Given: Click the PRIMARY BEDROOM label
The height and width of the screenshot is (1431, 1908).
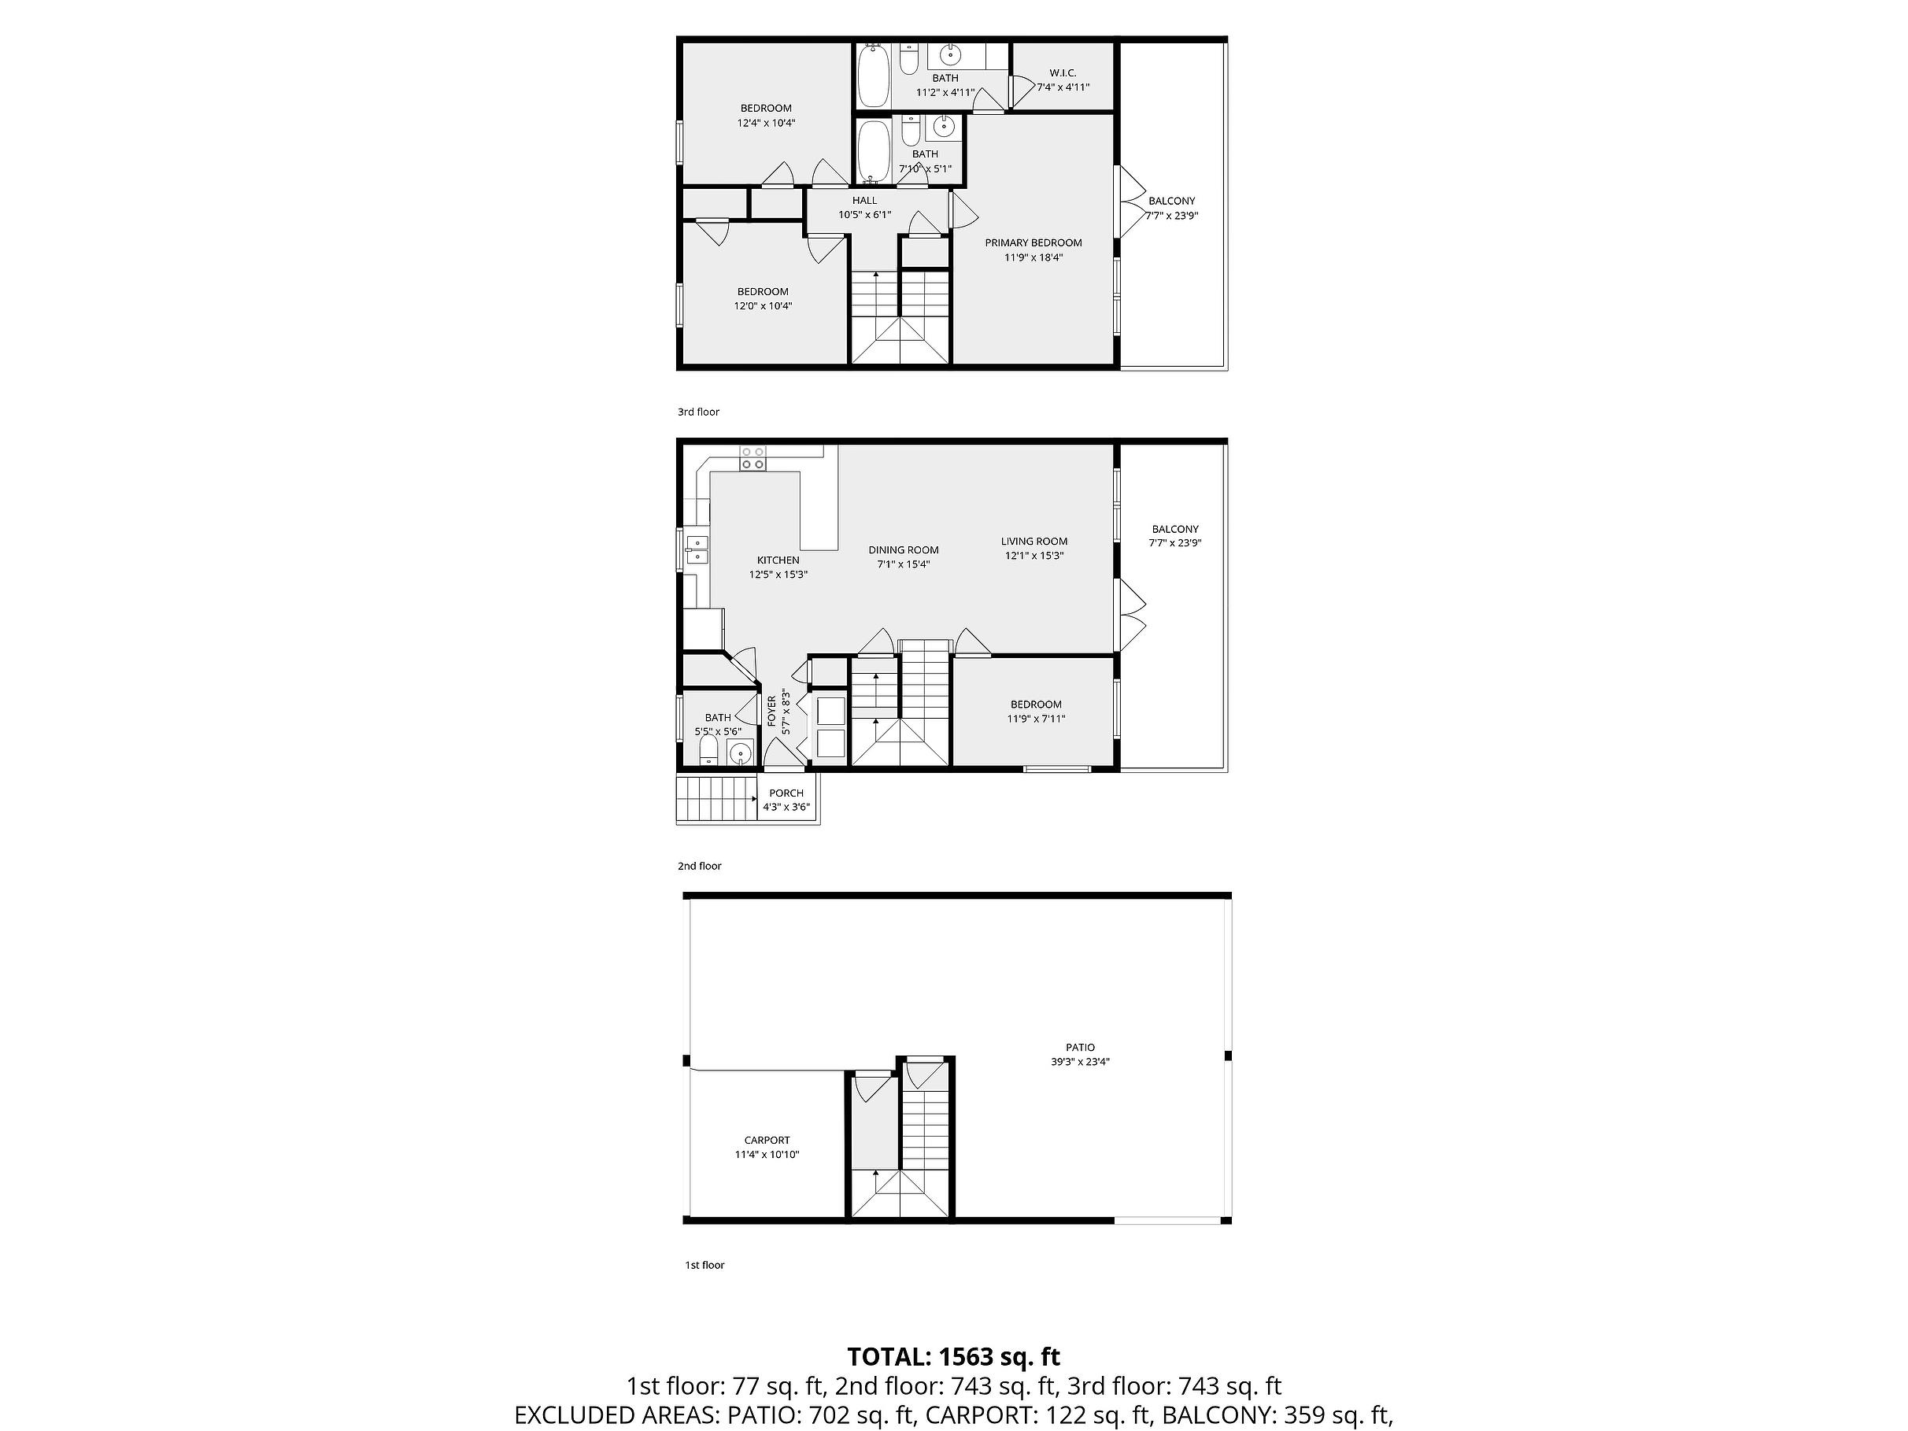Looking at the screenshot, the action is [x=1033, y=243].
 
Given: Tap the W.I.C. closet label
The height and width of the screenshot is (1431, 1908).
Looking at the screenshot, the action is [x=1063, y=73].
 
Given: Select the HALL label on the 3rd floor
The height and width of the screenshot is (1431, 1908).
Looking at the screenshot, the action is [x=864, y=201].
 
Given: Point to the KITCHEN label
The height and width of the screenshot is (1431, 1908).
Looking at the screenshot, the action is [x=778, y=560].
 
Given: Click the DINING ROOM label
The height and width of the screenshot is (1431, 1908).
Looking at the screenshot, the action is [x=904, y=550].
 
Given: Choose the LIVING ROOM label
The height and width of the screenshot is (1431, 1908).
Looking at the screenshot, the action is [x=1034, y=542].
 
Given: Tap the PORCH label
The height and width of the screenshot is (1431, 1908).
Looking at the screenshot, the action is [x=786, y=793].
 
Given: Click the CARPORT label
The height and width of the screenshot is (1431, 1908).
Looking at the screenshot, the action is [x=767, y=1141].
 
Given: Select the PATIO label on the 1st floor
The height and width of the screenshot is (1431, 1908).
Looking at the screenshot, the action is [x=1080, y=1048].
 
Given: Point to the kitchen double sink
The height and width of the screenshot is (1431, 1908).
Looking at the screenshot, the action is [x=697, y=550].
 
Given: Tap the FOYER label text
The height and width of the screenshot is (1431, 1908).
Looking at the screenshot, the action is [x=772, y=712].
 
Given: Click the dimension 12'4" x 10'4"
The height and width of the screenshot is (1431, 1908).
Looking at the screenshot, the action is [x=766, y=124].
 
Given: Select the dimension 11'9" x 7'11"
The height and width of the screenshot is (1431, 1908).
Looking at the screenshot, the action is [x=1036, y=719].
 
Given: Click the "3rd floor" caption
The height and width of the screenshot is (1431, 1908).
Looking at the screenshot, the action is [x=699, y=412].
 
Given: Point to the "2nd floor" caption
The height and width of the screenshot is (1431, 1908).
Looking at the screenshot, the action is [x=700, y=866].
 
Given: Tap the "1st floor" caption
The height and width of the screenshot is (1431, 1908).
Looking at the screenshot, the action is [x=704, y=1266].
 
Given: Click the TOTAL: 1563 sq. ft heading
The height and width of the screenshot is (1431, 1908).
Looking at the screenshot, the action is [x=953, y=1357].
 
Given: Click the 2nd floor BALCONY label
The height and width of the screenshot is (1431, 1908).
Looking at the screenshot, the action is [x=1175, y=530].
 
